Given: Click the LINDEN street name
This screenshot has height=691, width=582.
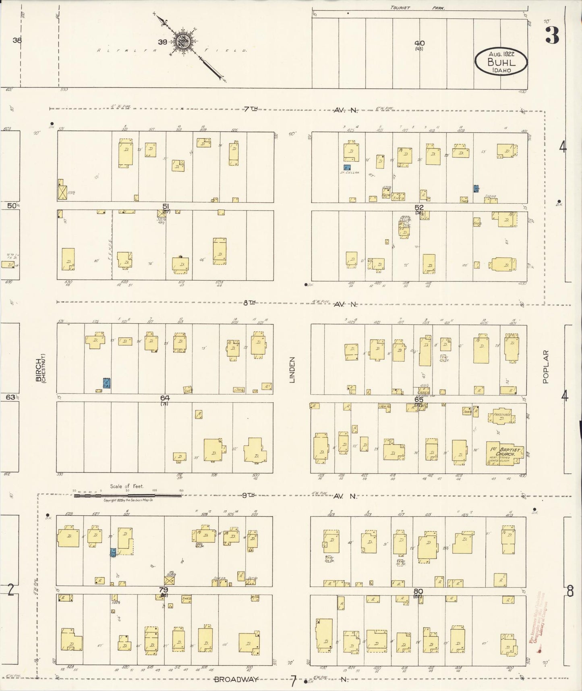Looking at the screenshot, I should pyautogui.click(x=292, y=370).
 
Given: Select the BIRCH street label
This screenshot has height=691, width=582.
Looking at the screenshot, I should pyautogui.click(x=39, y=370).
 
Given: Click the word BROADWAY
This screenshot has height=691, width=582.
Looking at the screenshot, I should pyautogui.click(x=236, y=679).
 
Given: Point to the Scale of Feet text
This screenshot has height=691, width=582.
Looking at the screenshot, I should pyautogui.click(x=126, y=486).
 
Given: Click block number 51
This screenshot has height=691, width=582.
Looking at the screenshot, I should pyautogui.click(x=166, y=206).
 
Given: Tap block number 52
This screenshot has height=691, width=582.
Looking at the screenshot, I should pyautogui.click(x=419, y=207).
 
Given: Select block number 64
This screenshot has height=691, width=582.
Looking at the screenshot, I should pyautogui.click(x=165, y=398).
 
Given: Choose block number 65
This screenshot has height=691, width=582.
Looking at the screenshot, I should pyautogui.click(x=419, y=400).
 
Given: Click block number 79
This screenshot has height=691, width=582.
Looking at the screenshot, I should pyautogui.click(x=163, y=590).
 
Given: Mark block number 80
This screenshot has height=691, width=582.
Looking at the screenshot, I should pyautogui.click(x=418, y=591).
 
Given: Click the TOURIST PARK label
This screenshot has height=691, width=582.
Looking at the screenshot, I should pyautogui.click(x=419, y=8).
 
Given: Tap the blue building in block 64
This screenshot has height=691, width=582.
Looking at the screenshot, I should pyautogui.click(x=107, y=383).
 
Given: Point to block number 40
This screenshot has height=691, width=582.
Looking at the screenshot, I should pyautogui.click(x=419, y=43).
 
